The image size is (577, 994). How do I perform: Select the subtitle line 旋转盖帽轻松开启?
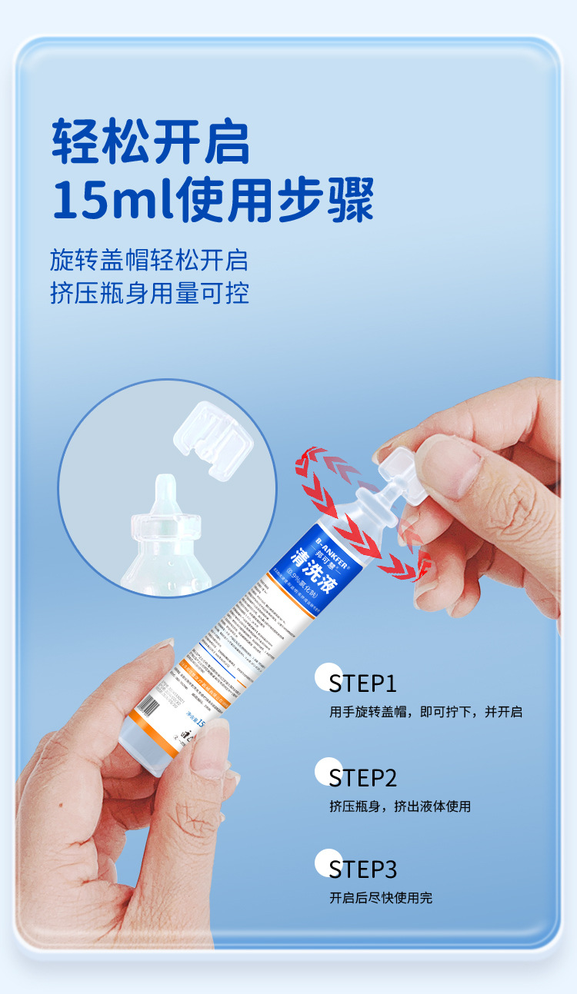[x=149, y=260]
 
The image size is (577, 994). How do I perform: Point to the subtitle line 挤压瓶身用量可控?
[x=149, y=294]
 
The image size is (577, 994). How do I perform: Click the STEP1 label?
[x=362, y=683]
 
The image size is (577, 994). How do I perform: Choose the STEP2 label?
[x=362, y=777]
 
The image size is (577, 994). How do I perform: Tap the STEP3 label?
[x=362, y=869]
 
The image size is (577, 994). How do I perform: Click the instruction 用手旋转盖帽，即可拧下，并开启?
[x=425, y=712]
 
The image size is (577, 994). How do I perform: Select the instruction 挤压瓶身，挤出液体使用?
[x=399, y=806]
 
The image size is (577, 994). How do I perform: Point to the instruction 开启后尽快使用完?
[x=380, y=897]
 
